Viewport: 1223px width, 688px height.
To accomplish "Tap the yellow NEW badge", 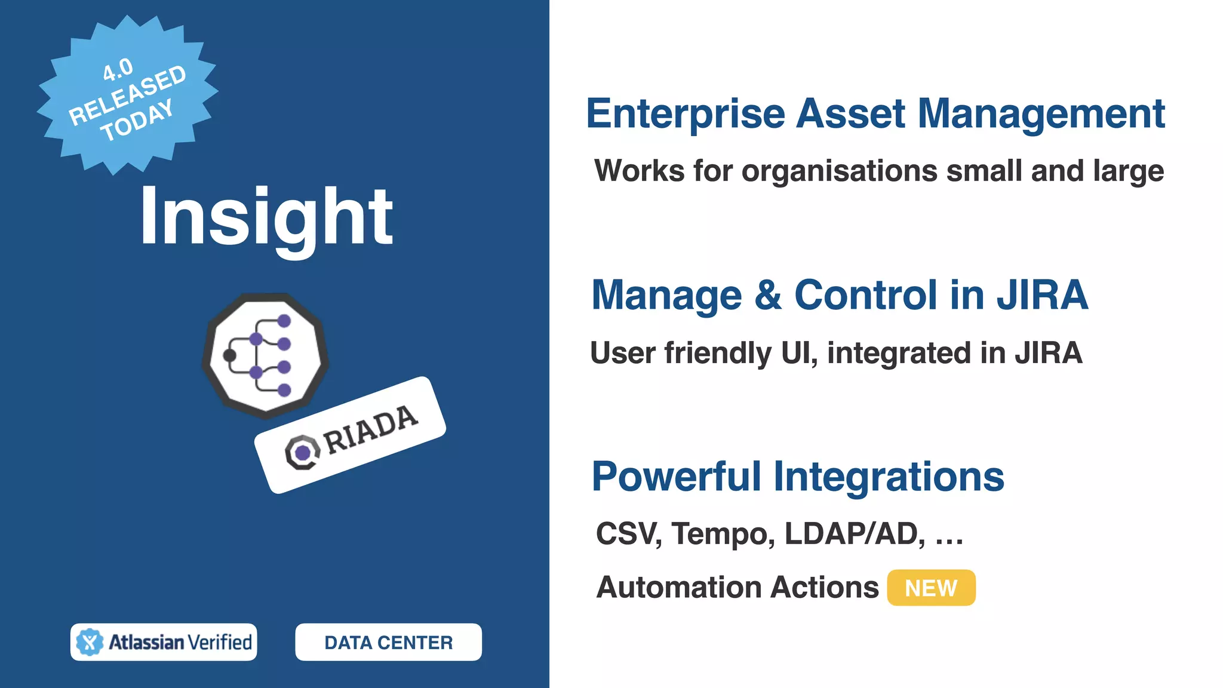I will (930, 588).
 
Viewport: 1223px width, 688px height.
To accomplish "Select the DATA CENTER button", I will (388, 643).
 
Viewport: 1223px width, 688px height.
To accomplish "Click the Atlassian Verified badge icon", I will (90, 643).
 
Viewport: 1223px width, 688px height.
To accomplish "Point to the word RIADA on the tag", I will (371, 429).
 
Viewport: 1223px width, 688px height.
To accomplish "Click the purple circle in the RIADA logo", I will (303, 453).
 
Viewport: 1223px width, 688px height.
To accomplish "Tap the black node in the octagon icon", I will (229, 356).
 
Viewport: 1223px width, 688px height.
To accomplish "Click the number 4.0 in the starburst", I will (118, 70).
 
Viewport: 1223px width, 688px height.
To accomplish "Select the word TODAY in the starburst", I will (137, 121).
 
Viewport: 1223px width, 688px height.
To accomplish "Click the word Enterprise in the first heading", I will (685, 113).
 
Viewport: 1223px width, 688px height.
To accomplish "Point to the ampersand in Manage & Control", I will (768, 295).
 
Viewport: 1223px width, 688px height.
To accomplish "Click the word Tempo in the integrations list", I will (723, 533).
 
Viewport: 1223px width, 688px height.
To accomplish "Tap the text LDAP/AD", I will (854, 533).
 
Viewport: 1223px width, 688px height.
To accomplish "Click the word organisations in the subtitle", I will (840, 171).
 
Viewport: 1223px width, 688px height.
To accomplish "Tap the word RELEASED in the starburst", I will (127, 95).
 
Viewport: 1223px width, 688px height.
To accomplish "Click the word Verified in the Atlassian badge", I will (220, 643).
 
